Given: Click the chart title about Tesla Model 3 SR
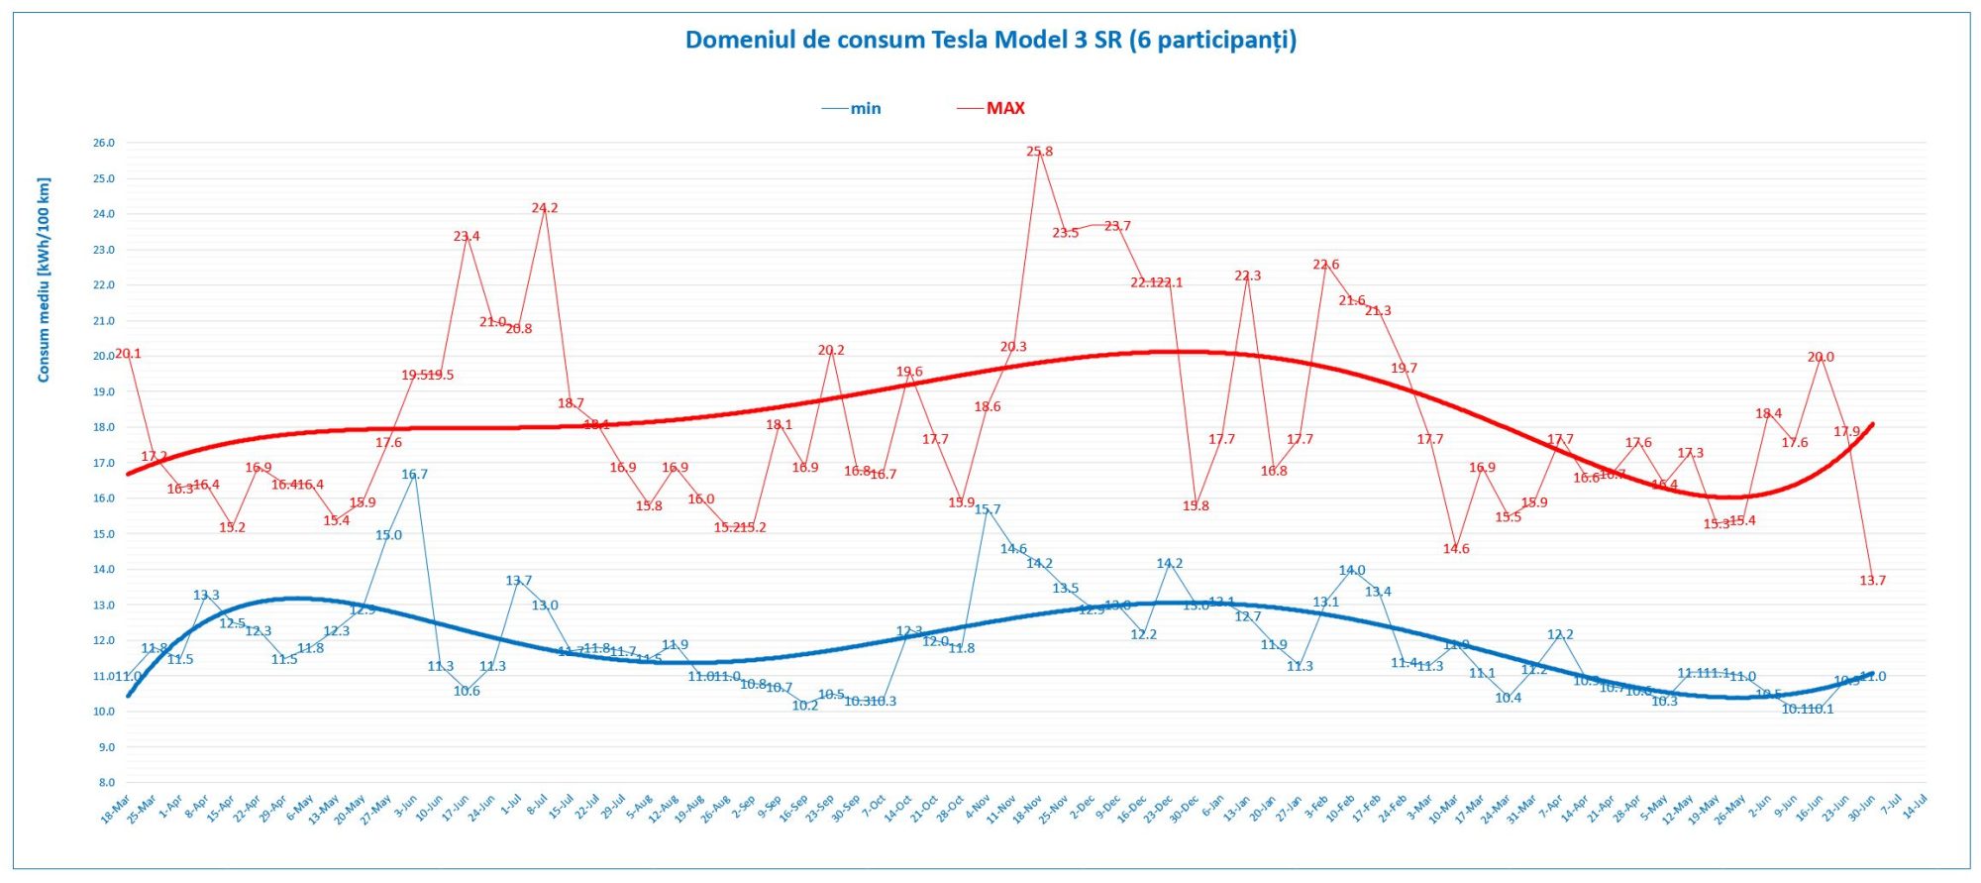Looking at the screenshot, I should tap(990, 40).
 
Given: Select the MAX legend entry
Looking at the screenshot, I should tap(1004, 108).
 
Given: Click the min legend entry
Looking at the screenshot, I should tap(865, 108).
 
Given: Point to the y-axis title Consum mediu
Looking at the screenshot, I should tap(44, 279).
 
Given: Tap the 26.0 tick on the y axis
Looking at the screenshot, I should tap(104, 143).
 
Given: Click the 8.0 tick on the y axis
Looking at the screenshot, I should tap(106, 783).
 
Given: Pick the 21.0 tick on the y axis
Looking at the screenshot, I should tap(104, 321).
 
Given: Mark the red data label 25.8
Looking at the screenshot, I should tap(1039, 152).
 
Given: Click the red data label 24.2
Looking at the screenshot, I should tap(544, 208).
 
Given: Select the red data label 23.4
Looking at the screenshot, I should tap(467, 236).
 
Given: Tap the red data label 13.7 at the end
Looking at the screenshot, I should tap(1872, 581).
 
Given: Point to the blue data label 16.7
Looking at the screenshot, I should tap(414, 475).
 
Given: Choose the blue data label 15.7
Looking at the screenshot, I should tap(987, 509).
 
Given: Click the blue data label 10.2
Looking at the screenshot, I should tap(805, 706).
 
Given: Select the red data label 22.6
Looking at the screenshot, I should tap(1325, 265).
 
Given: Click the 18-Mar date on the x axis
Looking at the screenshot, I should tap(116, 810).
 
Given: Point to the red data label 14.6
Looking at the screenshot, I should tap(1456, 549).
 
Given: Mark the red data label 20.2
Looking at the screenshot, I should tap(831, 350).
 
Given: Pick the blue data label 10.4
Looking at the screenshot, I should tap(1508, 698).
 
